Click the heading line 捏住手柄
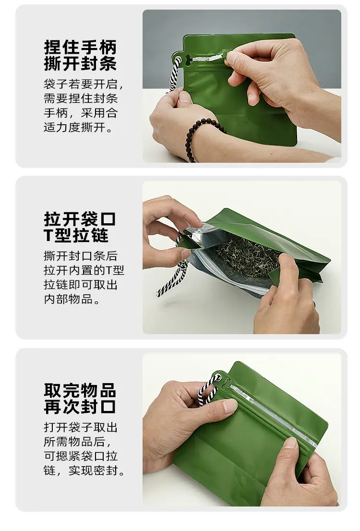click(80, 47)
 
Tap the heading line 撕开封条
click(80, 64)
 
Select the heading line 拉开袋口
click(80, 219)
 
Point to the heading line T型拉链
click(76, 235)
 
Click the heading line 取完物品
click(80, 390)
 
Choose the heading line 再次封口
click(80, 407)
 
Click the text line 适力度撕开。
click(78, 127)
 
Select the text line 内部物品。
click(72, 300)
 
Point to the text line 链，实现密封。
click(84, 471)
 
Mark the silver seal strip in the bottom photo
click(273, 414)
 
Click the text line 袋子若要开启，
click(84, 84)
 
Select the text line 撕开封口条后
click(81, 256)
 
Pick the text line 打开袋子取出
click(81, 427)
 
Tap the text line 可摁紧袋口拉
click(81, 456)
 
